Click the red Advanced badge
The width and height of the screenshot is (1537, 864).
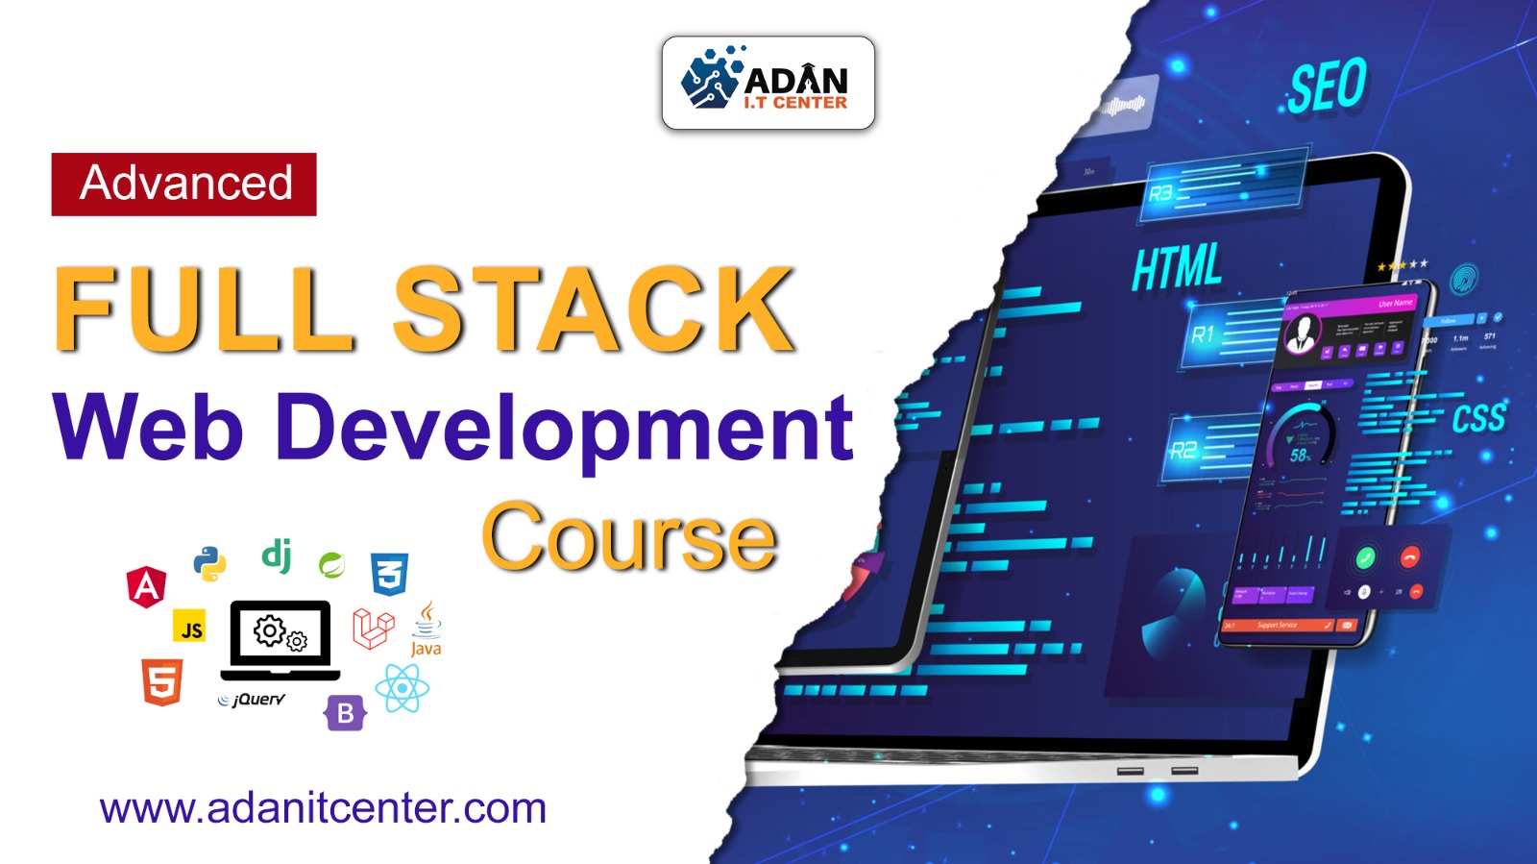[183, 184]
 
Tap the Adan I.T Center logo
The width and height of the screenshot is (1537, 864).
[768, 84]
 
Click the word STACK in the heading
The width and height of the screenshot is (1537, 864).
[594, 309]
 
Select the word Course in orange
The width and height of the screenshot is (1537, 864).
[629, 536]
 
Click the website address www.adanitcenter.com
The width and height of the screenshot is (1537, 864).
[323, 808]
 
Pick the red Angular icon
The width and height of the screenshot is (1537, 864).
[146, 586]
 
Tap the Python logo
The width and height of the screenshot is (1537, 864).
[209, 563]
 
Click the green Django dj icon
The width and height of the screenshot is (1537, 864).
[277, 555]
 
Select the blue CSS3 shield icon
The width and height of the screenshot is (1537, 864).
[389, 575]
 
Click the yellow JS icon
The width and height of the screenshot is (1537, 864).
[191, 629]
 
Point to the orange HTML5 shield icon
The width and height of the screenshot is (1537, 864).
[161, 681]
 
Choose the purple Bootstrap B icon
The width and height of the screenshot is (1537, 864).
[345, 713]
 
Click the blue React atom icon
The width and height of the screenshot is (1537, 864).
[402, 688]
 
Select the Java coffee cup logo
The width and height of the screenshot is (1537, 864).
[427, 629]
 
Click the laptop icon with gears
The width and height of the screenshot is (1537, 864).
[281, 637]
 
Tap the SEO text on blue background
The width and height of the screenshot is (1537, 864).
[1327, 86]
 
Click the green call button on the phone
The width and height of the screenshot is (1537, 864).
[1365, 557]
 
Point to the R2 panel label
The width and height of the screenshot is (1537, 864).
[1183, 450]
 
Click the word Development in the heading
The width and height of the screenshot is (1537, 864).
[565, 429]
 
